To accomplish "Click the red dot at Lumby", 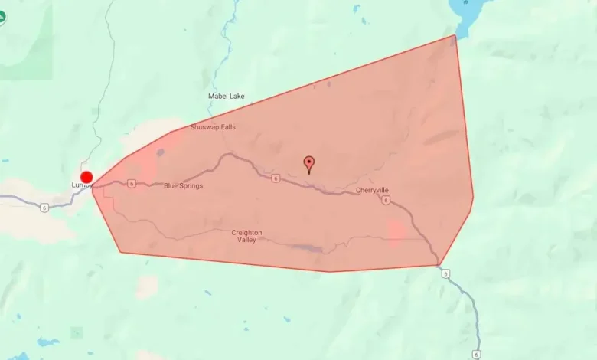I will coord(86,177).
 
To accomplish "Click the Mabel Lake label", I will coord(227,97).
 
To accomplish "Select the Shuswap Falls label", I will coord(213,127).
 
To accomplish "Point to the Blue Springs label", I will coord(184,186).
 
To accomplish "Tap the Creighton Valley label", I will coord(246,236).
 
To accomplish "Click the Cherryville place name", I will coord(374,190).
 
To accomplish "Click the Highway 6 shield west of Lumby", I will coord(44,207).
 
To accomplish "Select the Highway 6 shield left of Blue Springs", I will coord(132,184).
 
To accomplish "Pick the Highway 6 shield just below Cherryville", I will coord(386,201).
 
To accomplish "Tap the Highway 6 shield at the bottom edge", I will coord(476,354).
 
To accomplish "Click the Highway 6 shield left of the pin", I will coord(275,178).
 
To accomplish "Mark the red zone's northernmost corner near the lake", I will coord(455,35).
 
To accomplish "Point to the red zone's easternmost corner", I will coord(473,197).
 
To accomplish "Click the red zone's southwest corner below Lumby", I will coord(120,251).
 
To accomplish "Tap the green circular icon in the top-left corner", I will coord(2,17).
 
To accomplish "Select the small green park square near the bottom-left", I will coord(77,332).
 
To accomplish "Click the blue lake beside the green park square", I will coord(47,342).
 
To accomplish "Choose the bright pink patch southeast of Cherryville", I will coord(396,232).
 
